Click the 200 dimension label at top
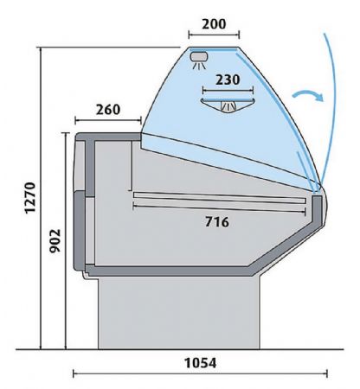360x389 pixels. click(x=214, y=24)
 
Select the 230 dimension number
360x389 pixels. click(x=228, y=80)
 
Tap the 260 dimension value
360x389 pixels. click(x=108, y=110)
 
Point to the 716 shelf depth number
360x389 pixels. click(x=217, y=221)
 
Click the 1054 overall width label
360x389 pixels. click(x=200, y=363)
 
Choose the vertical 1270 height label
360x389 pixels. click(x=30, y=198)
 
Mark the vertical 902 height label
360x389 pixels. click(x=55, y=240)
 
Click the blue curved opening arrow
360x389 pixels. click(x=308, y=95)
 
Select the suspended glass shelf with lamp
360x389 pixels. click(x=228, y=105)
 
